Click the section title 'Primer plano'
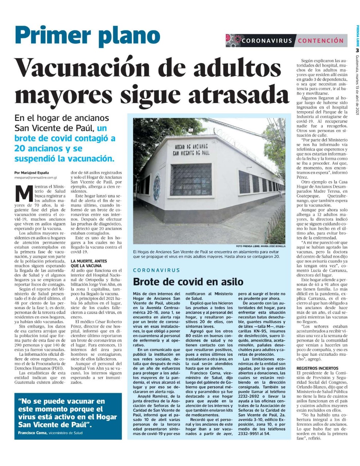click(x=87, y=36)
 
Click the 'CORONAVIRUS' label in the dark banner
click(x=267, y=40)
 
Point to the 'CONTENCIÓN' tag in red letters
click(x=321, y=40)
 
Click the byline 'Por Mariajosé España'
click(x=32, y=173)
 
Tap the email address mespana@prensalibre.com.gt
click(x=36, y=178)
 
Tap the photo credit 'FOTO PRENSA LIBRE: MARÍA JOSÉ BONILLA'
click(x=261, y=246)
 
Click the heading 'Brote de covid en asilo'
click(x=188, y=281)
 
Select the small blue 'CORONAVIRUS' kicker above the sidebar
click(x=157, y=270)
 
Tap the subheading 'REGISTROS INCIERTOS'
click(x=317, y=368)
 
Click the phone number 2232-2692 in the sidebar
click(x=249, y=396)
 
